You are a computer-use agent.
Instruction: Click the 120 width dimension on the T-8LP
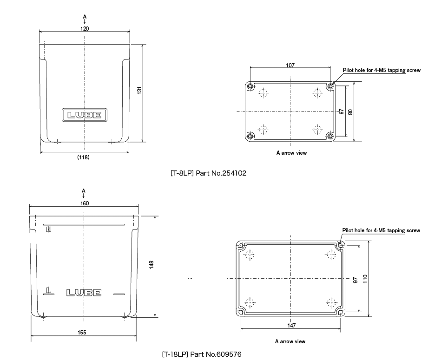click(85, 28)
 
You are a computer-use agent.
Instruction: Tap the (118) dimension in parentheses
click(83, 157)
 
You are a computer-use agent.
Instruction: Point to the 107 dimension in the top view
click(290, 65)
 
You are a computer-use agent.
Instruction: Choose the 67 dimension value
click(341, 111)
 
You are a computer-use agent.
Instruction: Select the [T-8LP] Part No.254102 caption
click(208, 173)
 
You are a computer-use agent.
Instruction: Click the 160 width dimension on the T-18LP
click(84, 203)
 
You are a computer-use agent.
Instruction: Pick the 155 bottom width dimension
click(83, 332)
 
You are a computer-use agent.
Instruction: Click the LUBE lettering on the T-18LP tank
click(84, 293)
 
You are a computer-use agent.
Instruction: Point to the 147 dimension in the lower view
click(291, 326)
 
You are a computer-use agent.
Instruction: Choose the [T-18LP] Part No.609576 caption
click(202, 354)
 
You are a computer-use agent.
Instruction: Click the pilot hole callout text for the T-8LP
click(382, 71)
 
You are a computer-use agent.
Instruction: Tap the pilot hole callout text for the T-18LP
click(381, 230)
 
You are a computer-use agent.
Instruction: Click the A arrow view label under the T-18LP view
click(290, 341)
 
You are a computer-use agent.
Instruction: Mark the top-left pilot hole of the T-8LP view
click(250, 86)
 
